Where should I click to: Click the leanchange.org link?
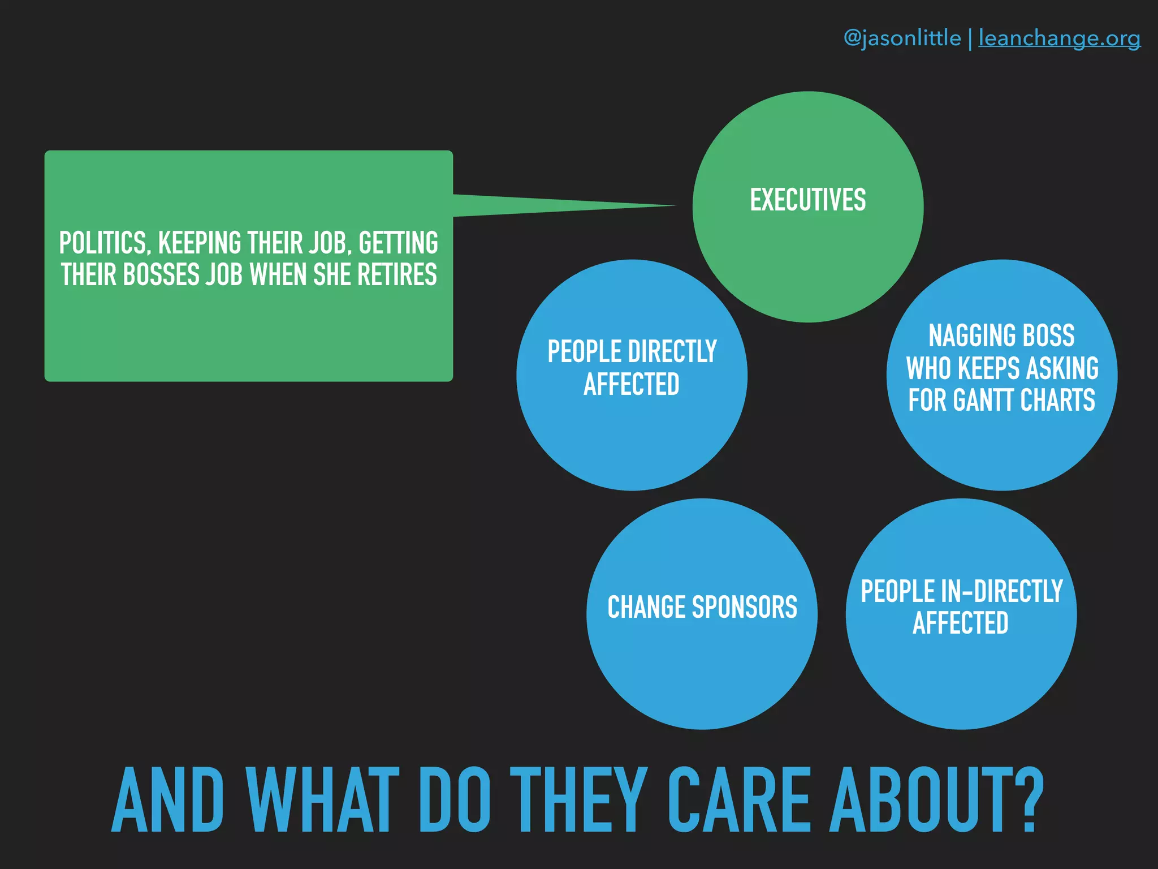(x=1059, y=38)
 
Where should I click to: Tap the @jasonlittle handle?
(x=902, y=38)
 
